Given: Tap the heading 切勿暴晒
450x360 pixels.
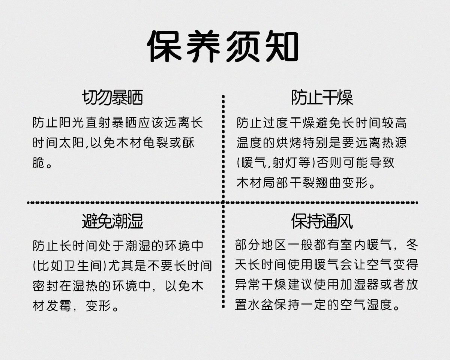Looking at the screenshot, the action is tap(112, 98).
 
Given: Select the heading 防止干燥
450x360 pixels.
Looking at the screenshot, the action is tap(322, 98).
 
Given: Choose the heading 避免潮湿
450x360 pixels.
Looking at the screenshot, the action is tap(112, 222).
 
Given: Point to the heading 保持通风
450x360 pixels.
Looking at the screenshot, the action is tap(322, 222).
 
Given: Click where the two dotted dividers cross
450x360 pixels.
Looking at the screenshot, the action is tap(223, 202).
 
